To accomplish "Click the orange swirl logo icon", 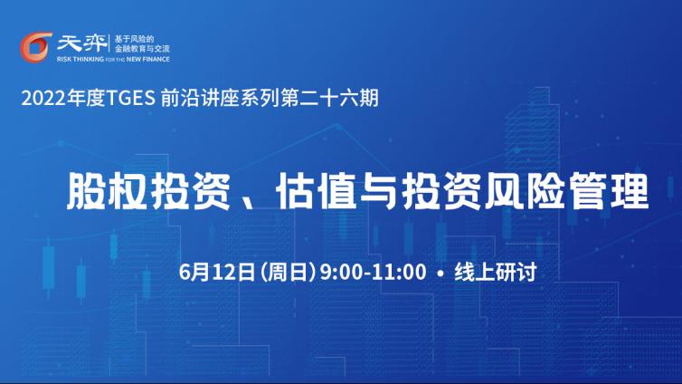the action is pyautogui.click(x=35, y=47).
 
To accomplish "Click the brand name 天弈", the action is pyautogui.click(x=82, y=43).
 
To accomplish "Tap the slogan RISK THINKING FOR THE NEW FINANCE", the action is pyautogui.click(x=113, y=59).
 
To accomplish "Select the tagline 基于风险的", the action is pyautogui.click(x=135, y=39).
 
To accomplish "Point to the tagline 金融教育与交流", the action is pyautogui.click(x=142, y=49).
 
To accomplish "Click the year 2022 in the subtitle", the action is pyautogui.click(x=44, y=99).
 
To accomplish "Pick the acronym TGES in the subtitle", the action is pyautogui.click(x=130, y=99).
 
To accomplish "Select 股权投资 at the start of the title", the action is pyautogui.click(x=147, y=192).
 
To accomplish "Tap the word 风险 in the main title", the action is pyautogui.click(x=526, y=192).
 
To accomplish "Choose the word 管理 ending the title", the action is pyautogui.click(x=609, y=192).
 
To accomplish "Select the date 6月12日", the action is pyautogui.click(x=217, y=272).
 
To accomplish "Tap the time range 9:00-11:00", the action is pyautogui.click(x=374, y=272).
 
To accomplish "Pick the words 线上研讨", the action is pyautogui.click(x=496, y=272).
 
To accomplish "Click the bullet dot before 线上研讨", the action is pyautogui.click(x=441, y=274).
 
